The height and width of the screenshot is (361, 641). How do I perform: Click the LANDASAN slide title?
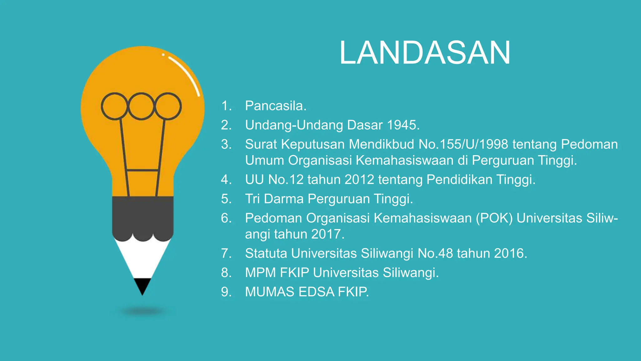click(x=425, y=53)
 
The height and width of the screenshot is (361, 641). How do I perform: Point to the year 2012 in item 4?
click(x=359, y=180)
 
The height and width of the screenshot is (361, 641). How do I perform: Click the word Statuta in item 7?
click(x=266, y=253)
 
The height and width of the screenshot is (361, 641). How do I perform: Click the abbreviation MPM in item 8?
click(x=261, y=273)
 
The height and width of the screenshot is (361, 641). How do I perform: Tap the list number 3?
click(x=225, y=144)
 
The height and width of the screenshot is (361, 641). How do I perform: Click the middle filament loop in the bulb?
click(x=141, y=106)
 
